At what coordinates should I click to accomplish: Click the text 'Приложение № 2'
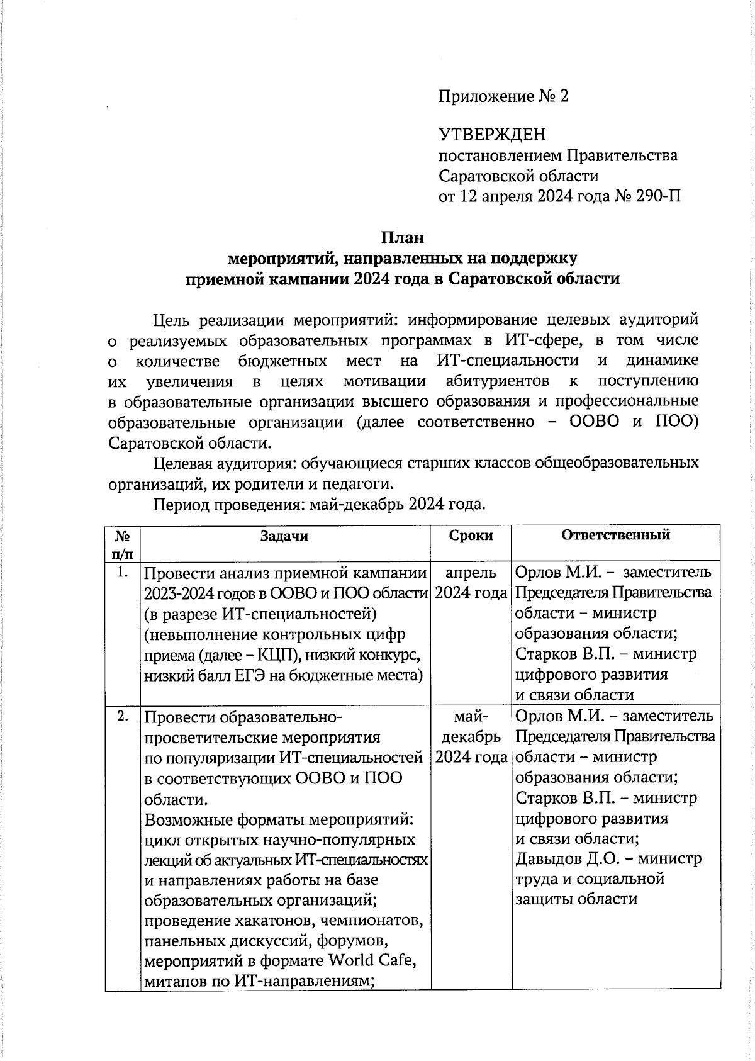click(x=503, y=96)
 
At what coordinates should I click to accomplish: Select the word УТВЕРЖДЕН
click(x=492, y=135)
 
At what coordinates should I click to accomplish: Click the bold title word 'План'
click(x=402, y=237)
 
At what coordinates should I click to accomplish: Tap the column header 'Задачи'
click(x=284, y=536)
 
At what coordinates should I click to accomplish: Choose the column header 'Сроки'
click(x=471, y=536)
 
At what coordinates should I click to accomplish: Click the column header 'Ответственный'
click(x=615, y=535)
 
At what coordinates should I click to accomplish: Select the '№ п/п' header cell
click(x=123, y=544)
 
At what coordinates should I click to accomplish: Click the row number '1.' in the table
click(x=123, y=572)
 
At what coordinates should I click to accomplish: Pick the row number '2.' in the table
click(x=123, y=716)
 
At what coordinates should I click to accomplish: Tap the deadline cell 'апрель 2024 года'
click(x=471, y=583)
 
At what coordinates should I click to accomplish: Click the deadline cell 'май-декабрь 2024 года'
click(x=471, y=736)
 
